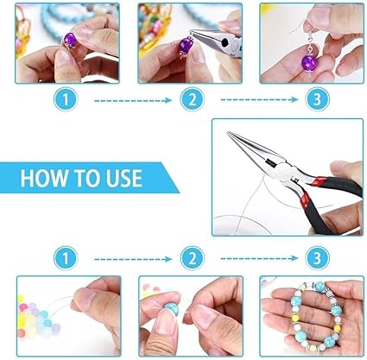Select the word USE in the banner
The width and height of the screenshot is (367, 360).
point(124,178)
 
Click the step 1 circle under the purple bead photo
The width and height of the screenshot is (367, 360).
point(66,99)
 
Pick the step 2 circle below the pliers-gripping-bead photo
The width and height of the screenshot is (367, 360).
point(193,99)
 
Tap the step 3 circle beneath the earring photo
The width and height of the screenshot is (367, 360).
point(317,99)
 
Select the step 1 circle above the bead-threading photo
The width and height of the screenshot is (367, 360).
point(66,258)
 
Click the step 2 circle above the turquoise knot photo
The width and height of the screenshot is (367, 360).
point(193,258)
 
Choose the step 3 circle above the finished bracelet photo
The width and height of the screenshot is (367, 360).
point(317,258)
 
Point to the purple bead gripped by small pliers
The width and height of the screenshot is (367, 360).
point(184,46)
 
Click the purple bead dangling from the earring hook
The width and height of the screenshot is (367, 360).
point(310,63)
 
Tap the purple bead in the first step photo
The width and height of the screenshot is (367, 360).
point(71,40)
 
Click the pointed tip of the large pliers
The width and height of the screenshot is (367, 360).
point(229,133)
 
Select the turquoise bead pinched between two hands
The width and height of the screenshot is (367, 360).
point(172,308)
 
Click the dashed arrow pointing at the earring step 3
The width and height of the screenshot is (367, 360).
point(259,100)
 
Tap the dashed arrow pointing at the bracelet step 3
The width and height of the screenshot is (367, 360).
point(259,258)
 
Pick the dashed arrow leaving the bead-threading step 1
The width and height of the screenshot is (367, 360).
point(133,259)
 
